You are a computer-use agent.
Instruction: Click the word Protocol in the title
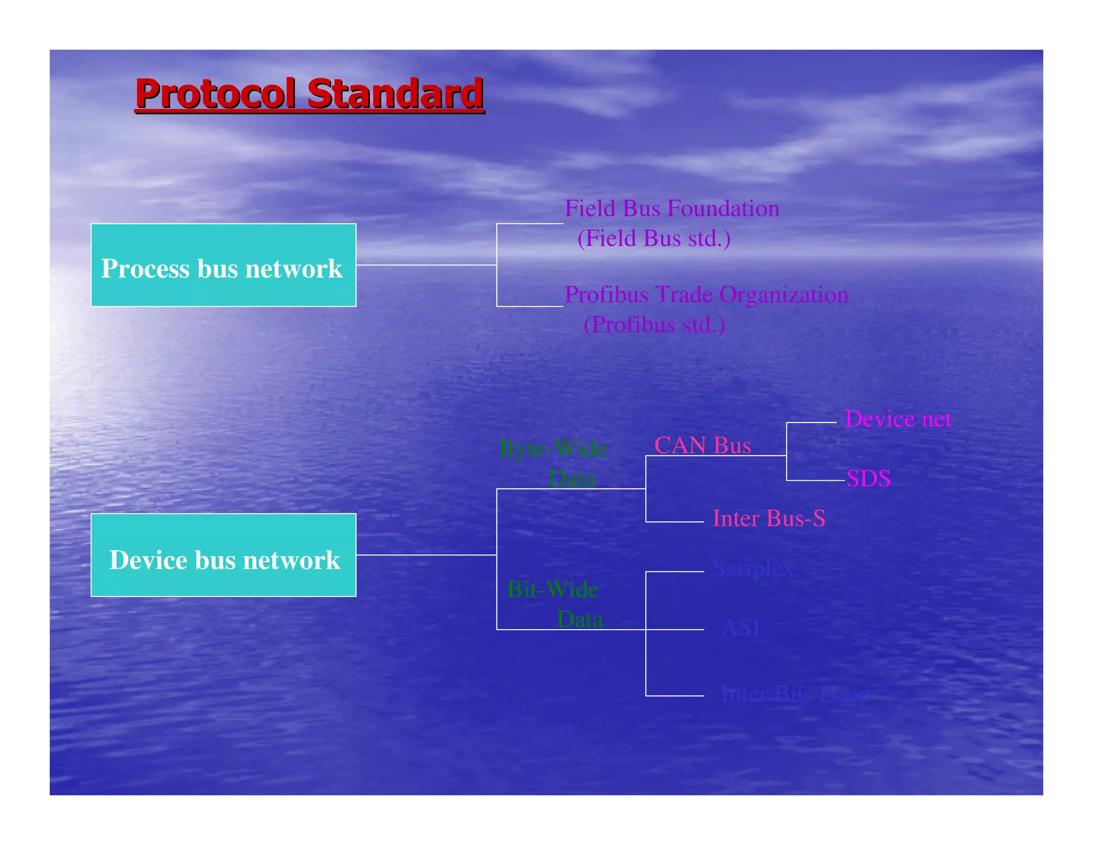coord(215,93)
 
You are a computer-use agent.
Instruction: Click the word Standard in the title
coord(395,93)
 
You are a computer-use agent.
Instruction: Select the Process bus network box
coord(223,265)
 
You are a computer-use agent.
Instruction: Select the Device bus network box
coord(223,555)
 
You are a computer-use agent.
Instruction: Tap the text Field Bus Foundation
coord(672,208)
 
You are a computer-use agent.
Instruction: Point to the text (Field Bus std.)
coord(654,238)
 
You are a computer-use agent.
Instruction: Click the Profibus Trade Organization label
coord(706,294)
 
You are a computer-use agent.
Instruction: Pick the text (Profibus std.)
coord(654,324)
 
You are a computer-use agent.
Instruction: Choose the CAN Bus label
coord(702,445)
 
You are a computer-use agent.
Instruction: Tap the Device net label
coord(898,419)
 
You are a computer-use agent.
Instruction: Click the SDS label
coord(868,478)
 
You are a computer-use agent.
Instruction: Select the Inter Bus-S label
coord(769,518)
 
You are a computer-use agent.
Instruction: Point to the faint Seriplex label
coord(753,568)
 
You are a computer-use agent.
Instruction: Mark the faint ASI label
coord(740,628)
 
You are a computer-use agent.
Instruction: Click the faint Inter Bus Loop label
coord(795,694)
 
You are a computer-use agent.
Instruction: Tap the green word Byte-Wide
coord(553,449)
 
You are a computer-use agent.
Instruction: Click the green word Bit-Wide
coord(553,590)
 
